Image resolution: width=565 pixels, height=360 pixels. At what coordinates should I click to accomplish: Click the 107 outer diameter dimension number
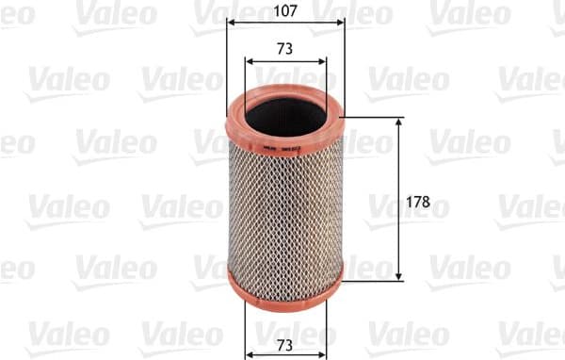pos(285,12)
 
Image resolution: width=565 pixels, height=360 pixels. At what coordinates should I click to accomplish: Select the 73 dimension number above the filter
pos(285,47)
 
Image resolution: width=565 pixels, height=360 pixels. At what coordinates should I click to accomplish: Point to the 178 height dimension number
pos(428,201)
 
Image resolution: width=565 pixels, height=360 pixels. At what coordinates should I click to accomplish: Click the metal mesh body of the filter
pos(285,207)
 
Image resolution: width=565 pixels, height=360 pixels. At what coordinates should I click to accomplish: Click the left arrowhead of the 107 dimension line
pos(231,25)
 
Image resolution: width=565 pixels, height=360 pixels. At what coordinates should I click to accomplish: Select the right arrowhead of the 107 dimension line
pos(341,25)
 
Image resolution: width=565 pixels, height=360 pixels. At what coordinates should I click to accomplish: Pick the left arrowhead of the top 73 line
pos(249,61)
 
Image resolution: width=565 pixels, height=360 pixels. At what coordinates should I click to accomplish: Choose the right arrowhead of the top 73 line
pos(323,61)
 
